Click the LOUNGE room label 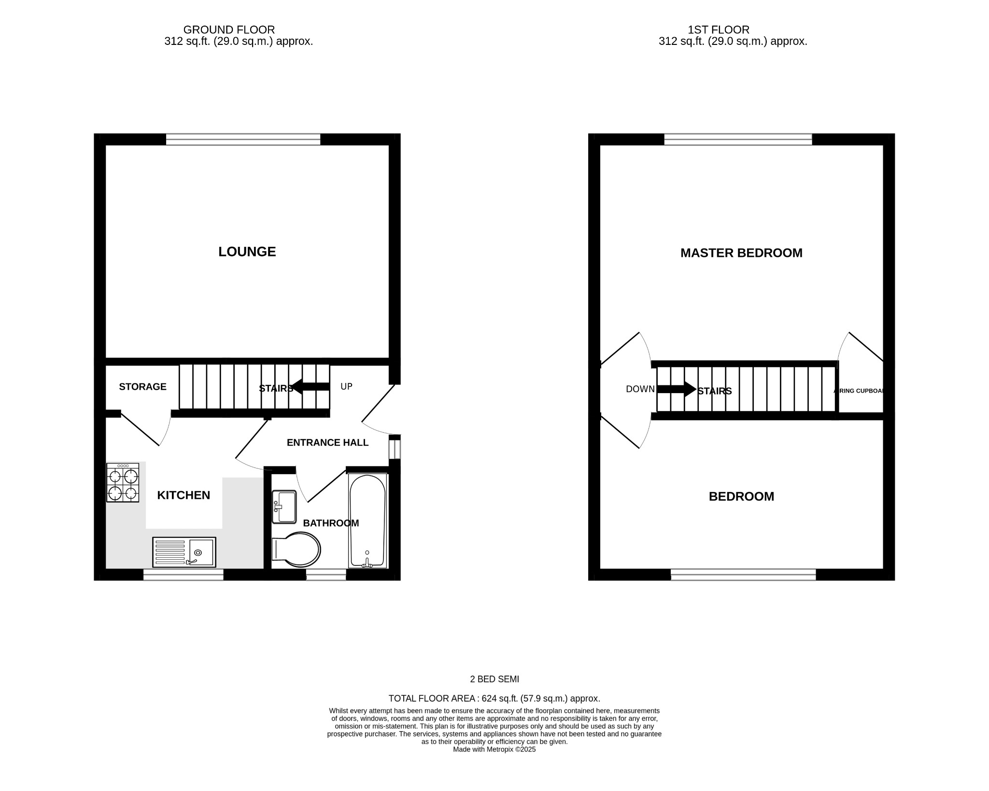click(x=247, y=252)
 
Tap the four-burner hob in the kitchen click(x=123, y=482)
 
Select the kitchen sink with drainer click(x=184, y=552)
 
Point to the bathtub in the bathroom click(x=367, y=521)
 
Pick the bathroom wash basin click(x=284, y=507)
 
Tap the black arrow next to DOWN click(x=676, y=389)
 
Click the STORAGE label click(x=142, y=387)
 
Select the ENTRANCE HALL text click(x=327, y=442)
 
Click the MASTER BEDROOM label click(x=741, y=253)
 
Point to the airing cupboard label click(x=860, y=391)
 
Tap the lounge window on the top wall click(x=243, y=140)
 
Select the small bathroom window click(x=326, y=575)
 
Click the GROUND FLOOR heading click(x=229, y=30)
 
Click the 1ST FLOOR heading click(x=719, y=30)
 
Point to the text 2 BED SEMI click(x=494, y=679)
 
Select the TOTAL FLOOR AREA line click(x=494, y=698)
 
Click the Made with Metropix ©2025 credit click(x=494, y=749)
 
